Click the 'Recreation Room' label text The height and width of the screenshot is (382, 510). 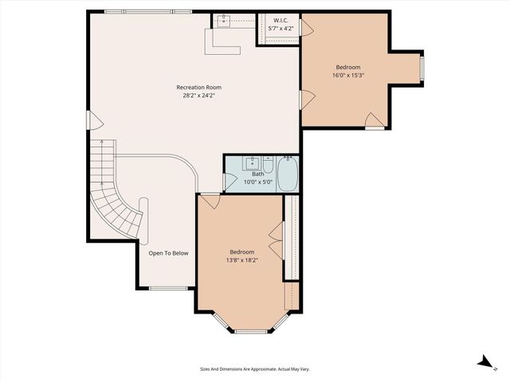coord(198,87)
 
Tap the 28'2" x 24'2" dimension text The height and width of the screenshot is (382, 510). coord(198,95)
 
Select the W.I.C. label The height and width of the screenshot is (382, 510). coord(280,21)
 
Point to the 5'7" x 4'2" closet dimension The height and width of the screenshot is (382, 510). coord(280,29)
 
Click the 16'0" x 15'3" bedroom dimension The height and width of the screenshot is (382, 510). coord(348,76)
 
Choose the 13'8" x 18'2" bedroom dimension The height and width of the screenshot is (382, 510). coord(242,260)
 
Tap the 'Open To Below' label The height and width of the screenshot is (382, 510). coord(168,253)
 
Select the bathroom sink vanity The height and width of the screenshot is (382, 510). coord(256,165)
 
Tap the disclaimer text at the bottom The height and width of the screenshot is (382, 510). coord(255,369)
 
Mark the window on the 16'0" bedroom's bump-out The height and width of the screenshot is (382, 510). coord(422,67)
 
